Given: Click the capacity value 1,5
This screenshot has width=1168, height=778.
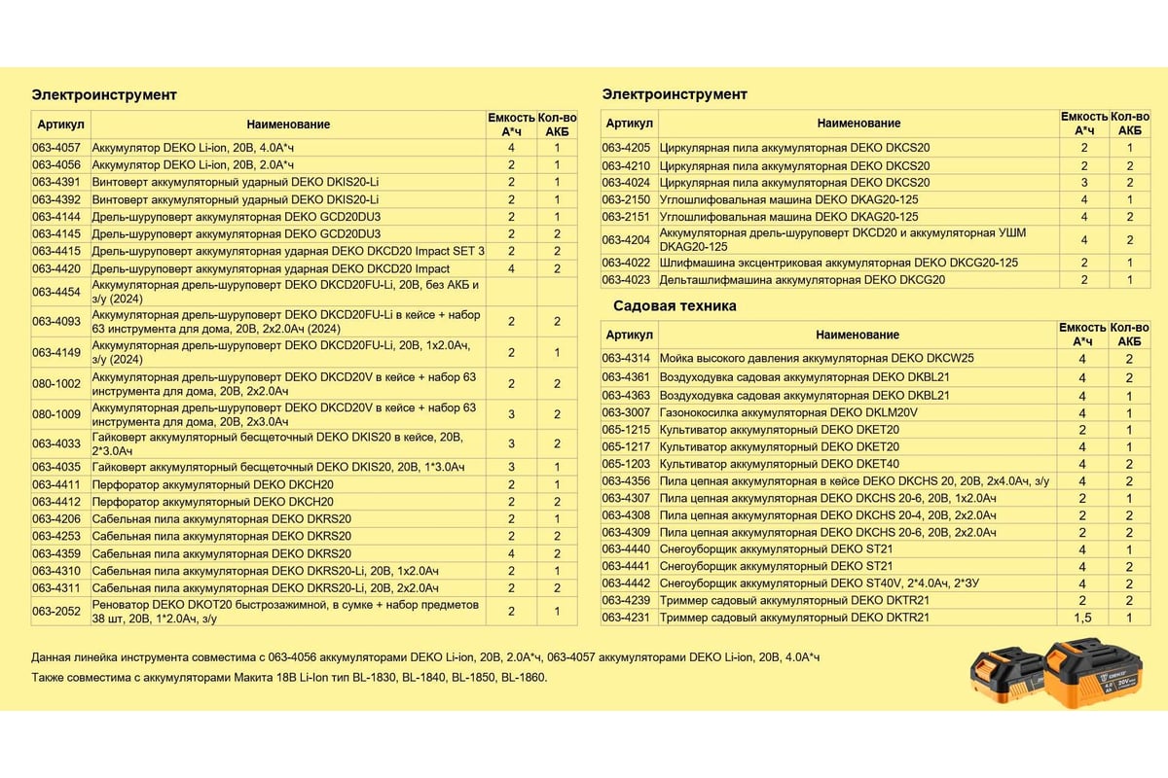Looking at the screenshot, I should [1082, 618].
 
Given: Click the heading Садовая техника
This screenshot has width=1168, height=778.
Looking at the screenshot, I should [675, 305].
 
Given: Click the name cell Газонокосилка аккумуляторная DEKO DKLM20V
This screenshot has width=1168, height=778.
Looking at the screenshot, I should [788, 412].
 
